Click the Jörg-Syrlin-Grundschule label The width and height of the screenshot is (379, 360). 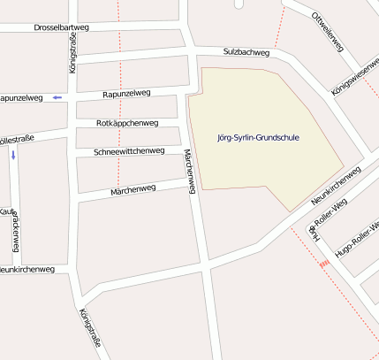pos(257,138)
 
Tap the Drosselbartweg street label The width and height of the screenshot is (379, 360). pos(62,28)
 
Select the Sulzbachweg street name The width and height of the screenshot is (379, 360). pos(246,53)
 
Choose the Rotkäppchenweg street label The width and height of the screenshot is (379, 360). pos(126,123)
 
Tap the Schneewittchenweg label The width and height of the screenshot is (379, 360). pos(129,151)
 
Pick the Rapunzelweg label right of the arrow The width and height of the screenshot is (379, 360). pos(126,94)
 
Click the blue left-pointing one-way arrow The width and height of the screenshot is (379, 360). pos(57,96)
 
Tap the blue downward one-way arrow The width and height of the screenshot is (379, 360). pos(13,155)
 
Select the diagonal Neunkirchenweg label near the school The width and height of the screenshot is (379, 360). pos(337,186)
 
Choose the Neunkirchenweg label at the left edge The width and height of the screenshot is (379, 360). pos(27,269)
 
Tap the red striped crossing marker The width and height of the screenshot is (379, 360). pos(324,263)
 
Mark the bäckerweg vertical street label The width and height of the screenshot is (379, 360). pos(15,233)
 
